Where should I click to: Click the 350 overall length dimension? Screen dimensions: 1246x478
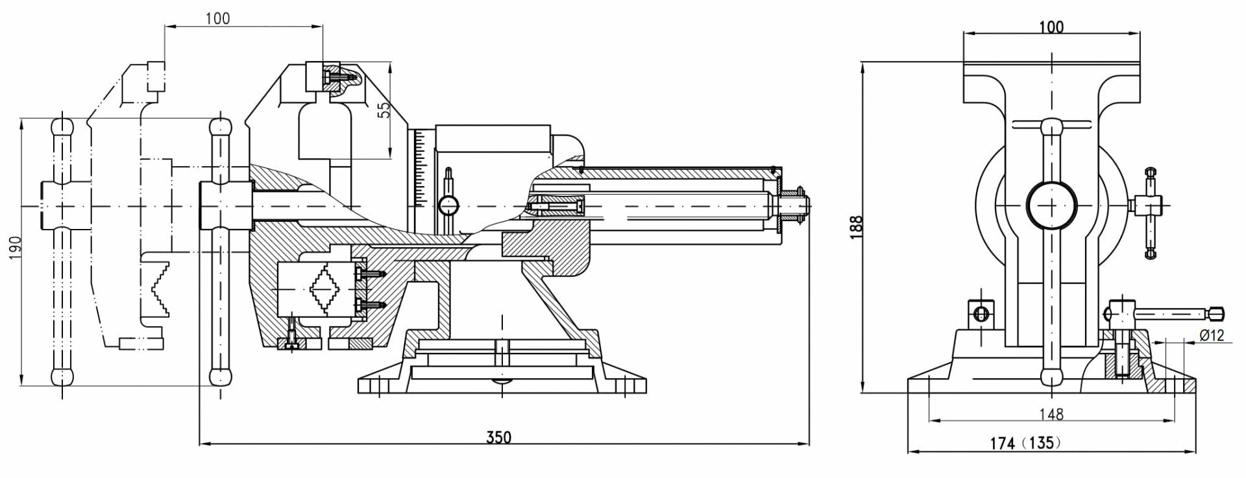click(499, 437)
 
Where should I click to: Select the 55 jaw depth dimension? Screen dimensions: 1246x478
click(384, 109)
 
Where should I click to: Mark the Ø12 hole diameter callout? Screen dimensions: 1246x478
click(1211, 335)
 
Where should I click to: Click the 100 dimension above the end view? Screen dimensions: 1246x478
click(1051, 27)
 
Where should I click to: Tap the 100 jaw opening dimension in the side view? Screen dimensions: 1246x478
click(217, 18)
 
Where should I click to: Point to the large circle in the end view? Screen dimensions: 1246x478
click(1051, 204)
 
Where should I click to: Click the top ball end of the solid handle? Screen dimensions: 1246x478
click(221, 125)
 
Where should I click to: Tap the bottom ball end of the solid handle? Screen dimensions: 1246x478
click(221, 376)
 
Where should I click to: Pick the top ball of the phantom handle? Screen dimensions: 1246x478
click(62, 125)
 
